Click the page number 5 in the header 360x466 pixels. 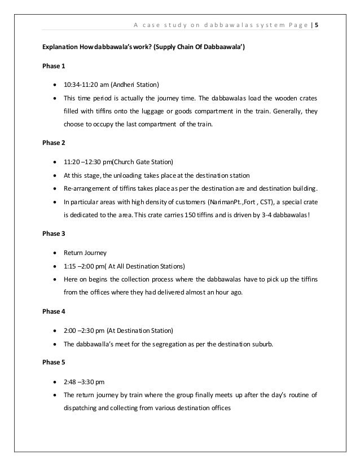[316, 25]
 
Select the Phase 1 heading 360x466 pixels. [50, 66]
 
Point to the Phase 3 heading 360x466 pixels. [50, 233]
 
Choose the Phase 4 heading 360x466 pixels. [50, 310]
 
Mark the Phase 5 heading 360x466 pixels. [50, 361]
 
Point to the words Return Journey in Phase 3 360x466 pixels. [84, 253]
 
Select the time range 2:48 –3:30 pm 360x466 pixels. [87, 381]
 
